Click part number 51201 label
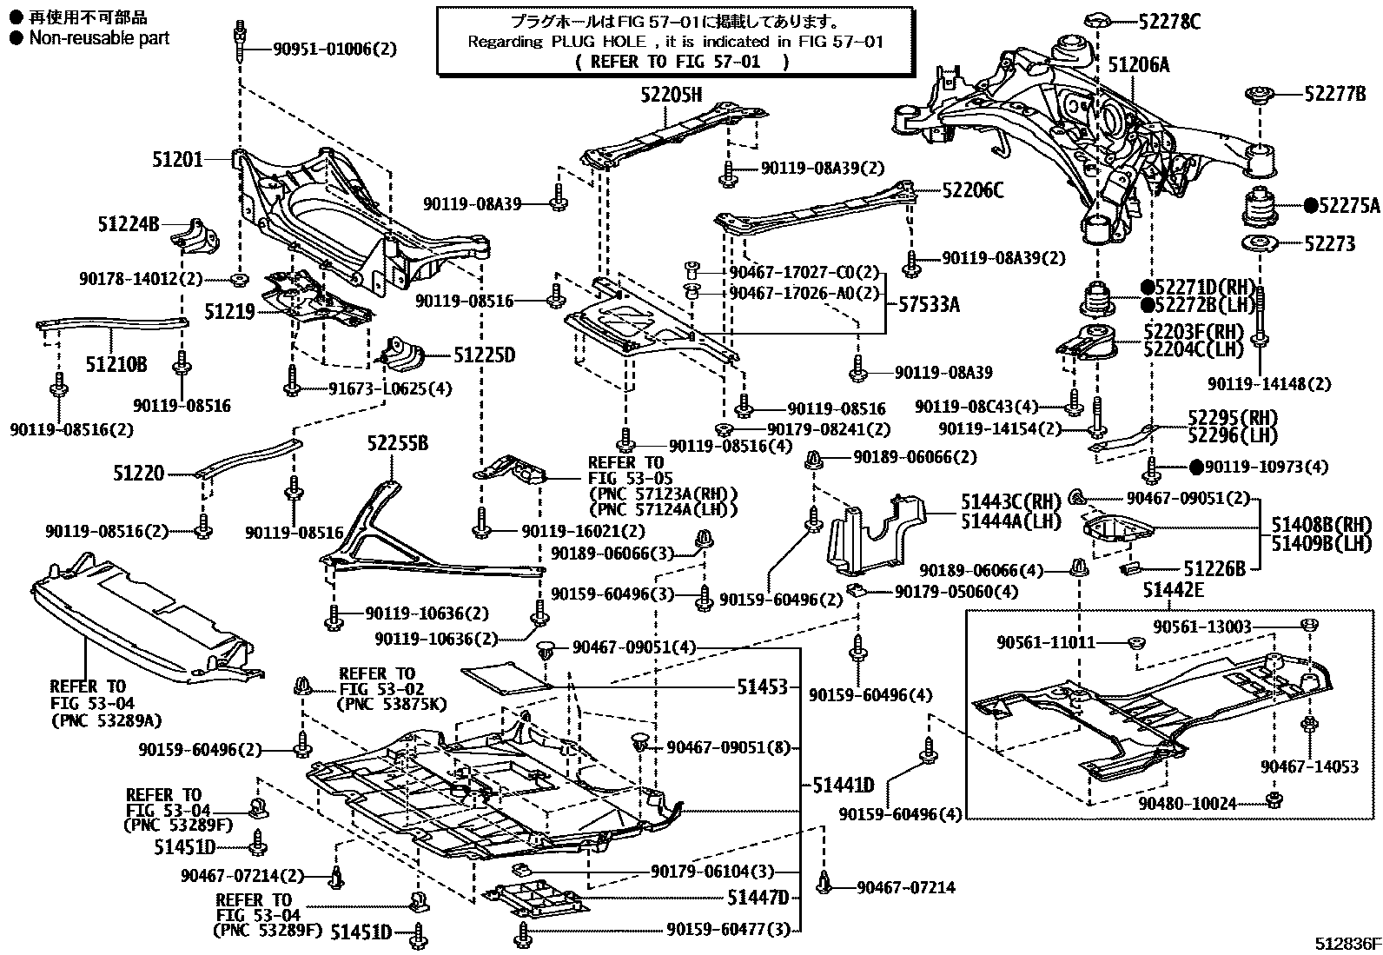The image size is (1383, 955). [177, 159]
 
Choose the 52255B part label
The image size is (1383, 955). [397, 444]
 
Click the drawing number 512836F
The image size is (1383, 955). [1346, 944]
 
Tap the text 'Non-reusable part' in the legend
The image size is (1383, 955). [99, 38]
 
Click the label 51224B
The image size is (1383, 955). [129, 224]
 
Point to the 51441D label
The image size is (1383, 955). [843, 786]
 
